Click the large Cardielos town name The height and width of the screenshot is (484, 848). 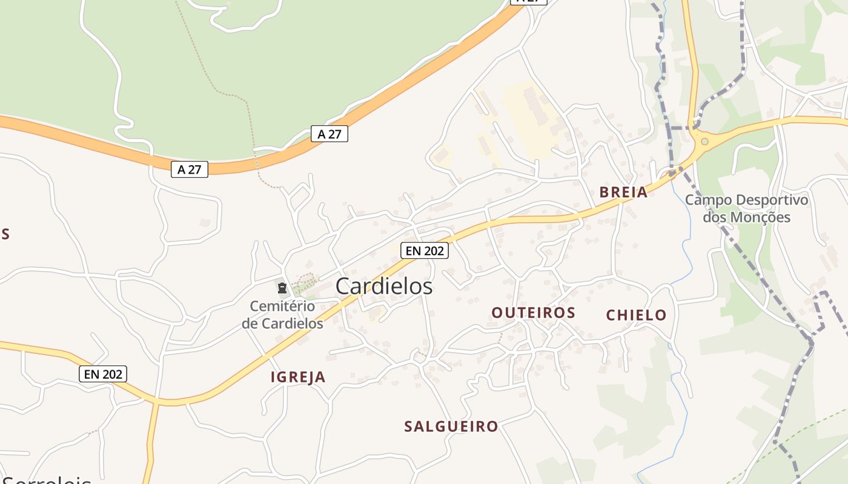pos(384,286)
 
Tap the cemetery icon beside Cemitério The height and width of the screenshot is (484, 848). pos(282,288)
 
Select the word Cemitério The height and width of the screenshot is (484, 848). pos(282,307)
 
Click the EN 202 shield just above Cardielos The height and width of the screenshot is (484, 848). pos(425,250)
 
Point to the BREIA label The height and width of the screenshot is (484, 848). pos(623,192)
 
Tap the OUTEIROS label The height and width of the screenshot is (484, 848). pos(533,313)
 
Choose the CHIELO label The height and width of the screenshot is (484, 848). pos(636,315)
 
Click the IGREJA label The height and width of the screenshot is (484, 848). pos(298,378)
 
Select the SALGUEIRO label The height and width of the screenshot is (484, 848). pos(451,427)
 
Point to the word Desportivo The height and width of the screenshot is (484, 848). pos(772,200)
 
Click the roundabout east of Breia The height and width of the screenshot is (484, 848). pos(704,142)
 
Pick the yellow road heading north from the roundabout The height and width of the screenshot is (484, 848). pos(691,60)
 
